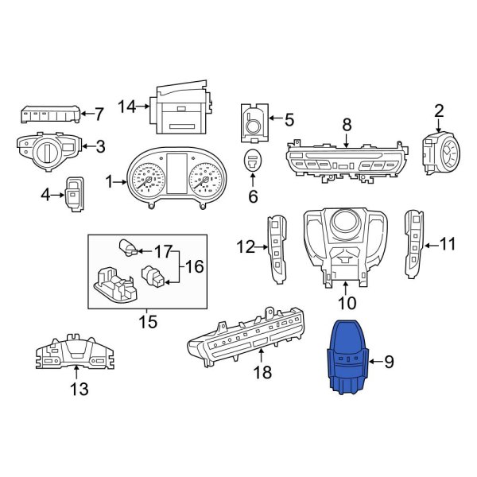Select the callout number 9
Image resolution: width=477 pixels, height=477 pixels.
(x=389, y=363)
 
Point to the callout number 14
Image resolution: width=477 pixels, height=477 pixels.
(x=127, y=106)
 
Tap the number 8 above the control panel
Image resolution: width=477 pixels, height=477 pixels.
(x=347, y=125)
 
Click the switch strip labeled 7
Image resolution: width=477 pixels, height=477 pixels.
(x=48, y=113)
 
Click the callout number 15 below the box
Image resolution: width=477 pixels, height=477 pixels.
(x=147, y=322)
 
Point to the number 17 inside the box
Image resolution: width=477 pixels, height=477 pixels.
(x=162, y=252)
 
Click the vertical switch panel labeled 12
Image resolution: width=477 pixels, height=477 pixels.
(x=279, y=248)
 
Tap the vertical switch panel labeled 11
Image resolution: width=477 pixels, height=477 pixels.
(x=415, y=243)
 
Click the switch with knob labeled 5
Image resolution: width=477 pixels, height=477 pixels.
(x=254, y=122)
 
